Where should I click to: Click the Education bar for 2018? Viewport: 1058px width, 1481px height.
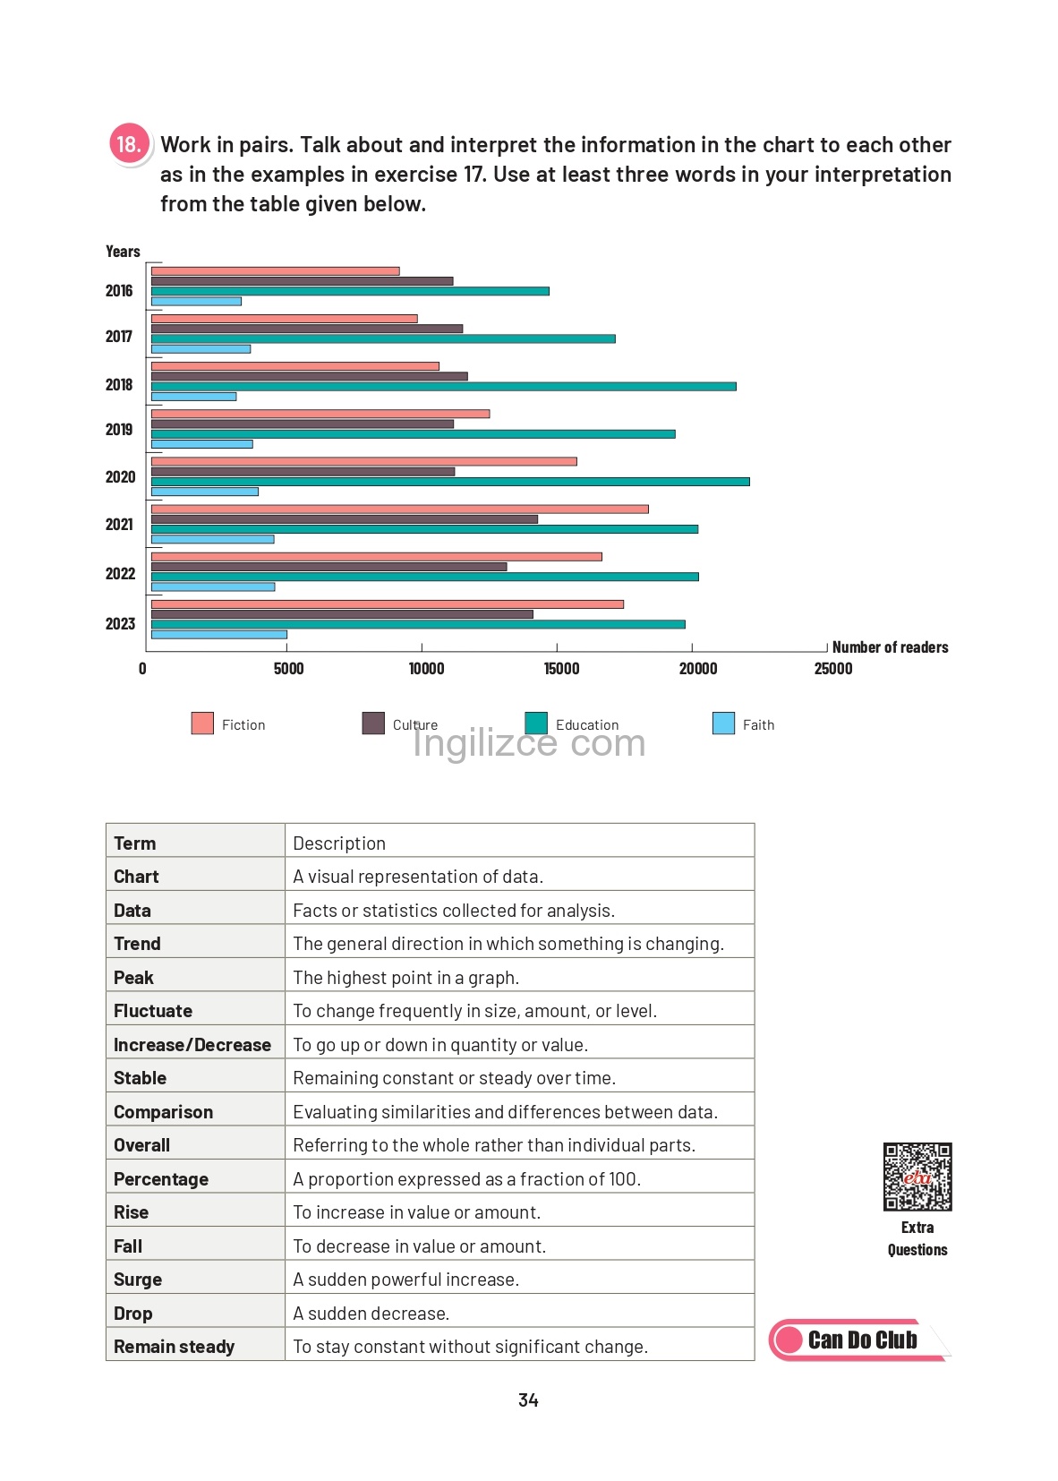tap(443, 386)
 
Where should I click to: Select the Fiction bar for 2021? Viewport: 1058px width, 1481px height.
tap(400, 509)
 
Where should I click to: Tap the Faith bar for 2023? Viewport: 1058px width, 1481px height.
tap(219, 635)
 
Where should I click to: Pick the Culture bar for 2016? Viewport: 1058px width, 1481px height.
tap(302, 281)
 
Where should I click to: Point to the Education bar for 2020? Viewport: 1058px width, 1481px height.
tap(451, 482)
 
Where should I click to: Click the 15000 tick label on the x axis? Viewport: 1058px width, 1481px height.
tap(561, 669)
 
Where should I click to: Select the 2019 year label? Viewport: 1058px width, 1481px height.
tap(119, 430)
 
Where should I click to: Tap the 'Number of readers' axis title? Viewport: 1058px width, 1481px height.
tap(890, 647)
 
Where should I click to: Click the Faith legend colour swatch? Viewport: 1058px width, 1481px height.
tap(723, 723)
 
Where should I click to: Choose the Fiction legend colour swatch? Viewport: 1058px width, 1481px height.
tap(202, 723)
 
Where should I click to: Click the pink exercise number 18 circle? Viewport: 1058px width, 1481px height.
tap(129, 144)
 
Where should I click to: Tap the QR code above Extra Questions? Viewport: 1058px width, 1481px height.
tap(917, 1177)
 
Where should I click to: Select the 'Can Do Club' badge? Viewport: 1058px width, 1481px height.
tap(859, 1340)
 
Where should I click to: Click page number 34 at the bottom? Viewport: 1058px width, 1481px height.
tap(528, 1400)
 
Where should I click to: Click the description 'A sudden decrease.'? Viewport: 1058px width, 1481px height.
tap(371, 1313)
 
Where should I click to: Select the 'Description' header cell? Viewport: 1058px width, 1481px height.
tap(519, 842)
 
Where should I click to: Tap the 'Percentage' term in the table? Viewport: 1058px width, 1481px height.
tap(160, 1179)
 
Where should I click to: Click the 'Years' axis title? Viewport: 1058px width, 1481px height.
tap(123, 252)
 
